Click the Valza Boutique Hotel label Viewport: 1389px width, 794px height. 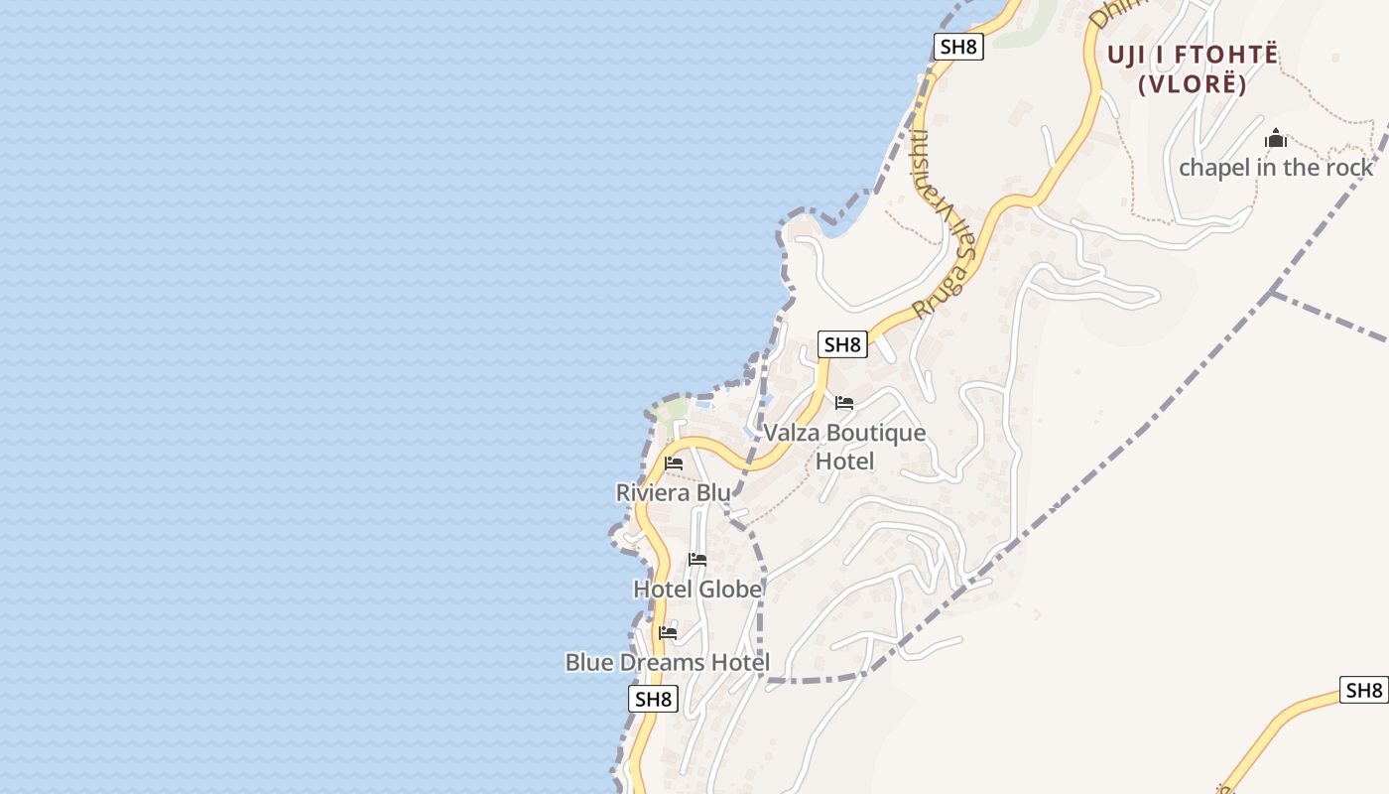[x=844, y=447]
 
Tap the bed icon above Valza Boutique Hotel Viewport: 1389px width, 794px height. [x=844, y=403]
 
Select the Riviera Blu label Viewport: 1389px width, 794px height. [x=673, y=492]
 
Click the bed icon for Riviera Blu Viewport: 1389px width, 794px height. [x=674, y=463]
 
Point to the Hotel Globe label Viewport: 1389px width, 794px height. [x=697, y=590]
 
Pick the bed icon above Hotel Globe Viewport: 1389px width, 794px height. [x=697, y=560]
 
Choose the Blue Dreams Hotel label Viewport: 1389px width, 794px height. [x=667, y=662]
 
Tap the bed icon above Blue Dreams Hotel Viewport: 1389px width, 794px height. [x=668, y=632]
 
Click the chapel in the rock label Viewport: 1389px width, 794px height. [x=1276, y=167]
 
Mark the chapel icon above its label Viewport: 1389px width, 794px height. [x=1276, y=139]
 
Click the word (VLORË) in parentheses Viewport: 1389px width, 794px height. [x=1192, y=84]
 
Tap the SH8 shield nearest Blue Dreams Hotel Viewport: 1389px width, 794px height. [x=654, y=699]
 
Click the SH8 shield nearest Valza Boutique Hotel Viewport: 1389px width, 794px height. [x=842, y=344]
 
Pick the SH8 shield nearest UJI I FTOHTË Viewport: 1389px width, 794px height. [x=958, y=47]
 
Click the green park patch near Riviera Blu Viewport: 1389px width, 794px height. [x=671, y=410]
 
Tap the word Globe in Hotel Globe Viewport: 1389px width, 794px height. [x=730, y=590]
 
